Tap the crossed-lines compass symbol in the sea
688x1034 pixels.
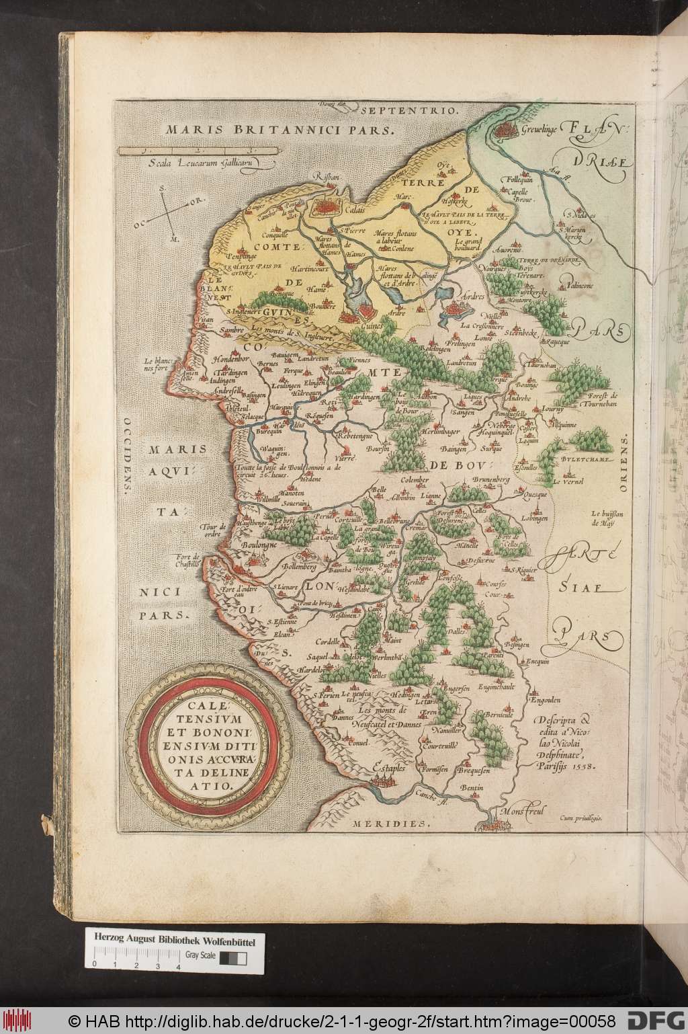167,214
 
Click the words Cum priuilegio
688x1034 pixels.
582,818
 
